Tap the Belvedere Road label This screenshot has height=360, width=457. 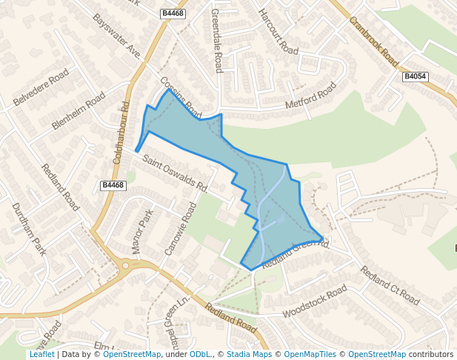click(41, 87)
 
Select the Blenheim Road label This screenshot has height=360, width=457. click(79, 111)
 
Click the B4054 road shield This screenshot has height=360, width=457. click(416, 76)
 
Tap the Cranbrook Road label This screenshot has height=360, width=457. click(373, 41)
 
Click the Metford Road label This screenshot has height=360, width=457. click(311, 97)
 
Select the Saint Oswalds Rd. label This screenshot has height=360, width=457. click(175, 173)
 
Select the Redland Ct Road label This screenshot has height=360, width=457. click(390, 284)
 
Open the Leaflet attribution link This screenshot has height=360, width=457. click(41, 354)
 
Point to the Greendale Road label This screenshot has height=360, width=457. click(216, 40)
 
